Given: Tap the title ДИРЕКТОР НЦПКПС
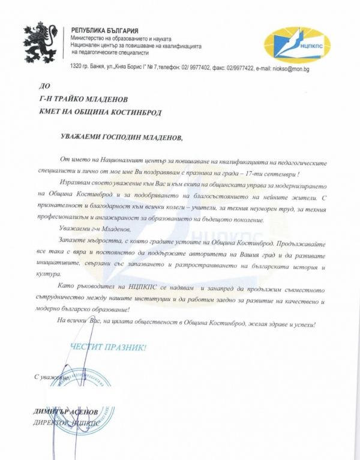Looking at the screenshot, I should click(70, 422).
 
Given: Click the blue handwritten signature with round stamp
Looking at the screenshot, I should click(84, 384).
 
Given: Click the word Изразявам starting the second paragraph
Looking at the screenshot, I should click(78, 181).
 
